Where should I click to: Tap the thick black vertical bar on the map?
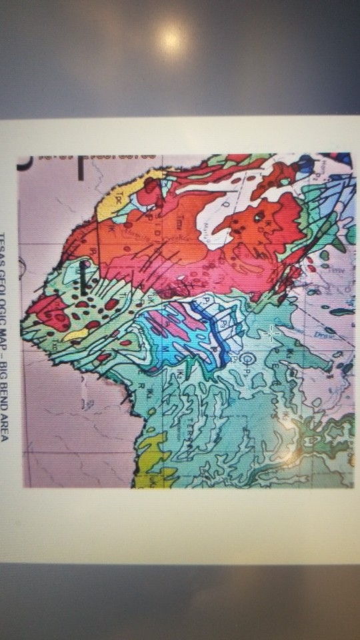(83, 280)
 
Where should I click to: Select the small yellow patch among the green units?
(75, 332)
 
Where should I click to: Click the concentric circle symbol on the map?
(247, 361)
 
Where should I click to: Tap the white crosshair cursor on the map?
(271, 331)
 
